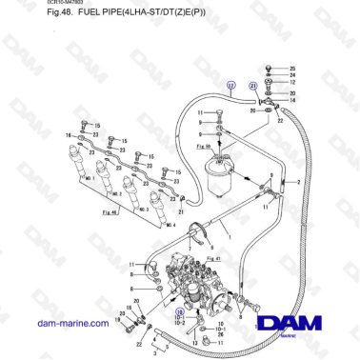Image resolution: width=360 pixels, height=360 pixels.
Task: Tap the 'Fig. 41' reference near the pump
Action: [213, 258]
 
